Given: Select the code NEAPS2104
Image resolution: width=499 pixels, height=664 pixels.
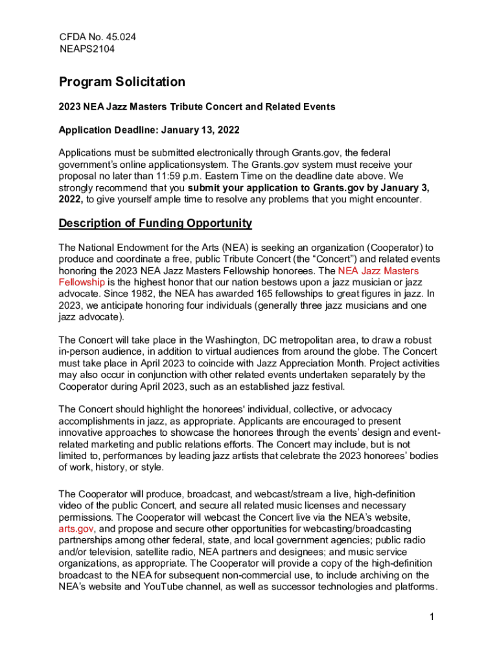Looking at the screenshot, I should pos(87,49).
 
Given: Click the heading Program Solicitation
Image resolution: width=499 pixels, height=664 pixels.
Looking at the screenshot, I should pos(122,82).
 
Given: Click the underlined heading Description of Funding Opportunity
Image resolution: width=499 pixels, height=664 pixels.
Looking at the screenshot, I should pos(156,224).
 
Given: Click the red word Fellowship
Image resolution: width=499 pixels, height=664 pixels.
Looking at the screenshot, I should pos(82,282).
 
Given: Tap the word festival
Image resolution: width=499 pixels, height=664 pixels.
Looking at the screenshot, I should pos(326,387).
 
